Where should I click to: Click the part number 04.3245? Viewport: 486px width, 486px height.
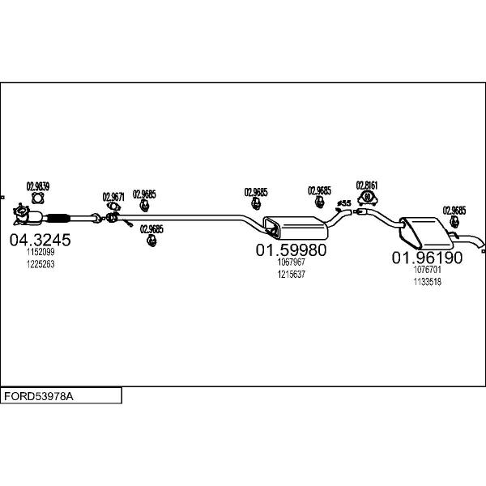coord(40,240)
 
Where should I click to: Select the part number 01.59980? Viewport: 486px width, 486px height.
coord(291,249)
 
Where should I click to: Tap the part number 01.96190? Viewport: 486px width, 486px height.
coord(427,258)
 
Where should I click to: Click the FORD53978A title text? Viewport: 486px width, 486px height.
coord(39,396)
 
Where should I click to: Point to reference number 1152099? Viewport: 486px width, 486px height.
coord(40,252)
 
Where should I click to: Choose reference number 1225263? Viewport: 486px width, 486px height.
coord(40,264)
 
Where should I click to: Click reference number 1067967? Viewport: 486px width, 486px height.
coord(292,262)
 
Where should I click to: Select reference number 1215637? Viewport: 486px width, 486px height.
coord(292,275)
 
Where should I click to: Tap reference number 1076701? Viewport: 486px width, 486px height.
coord(427,270)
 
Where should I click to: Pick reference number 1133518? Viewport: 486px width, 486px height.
coord(427,282)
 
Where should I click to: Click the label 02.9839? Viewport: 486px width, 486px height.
coord(38,186)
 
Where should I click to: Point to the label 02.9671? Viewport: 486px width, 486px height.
coord(113,197)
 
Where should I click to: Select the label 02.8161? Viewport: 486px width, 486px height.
coord(367,185)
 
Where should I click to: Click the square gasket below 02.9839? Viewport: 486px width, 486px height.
coord(38,198)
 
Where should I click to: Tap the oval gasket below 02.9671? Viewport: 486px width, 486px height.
coord(113,206)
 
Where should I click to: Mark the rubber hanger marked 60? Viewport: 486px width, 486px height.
coord(367,198)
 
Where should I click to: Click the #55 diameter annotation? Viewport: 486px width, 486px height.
coord(344,203)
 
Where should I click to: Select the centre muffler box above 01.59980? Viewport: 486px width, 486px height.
coord(296,228)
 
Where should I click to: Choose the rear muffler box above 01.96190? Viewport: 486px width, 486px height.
coord(426,233)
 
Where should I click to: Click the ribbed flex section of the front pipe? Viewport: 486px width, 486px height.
coord(58,218)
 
